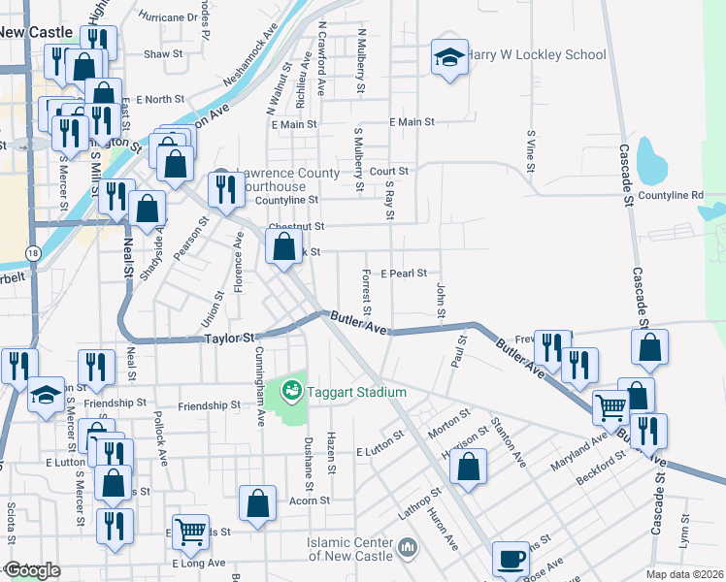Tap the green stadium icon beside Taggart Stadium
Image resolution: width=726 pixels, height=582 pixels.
289,392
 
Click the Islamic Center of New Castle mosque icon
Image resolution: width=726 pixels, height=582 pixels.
408,550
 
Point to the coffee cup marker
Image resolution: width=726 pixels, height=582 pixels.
511,560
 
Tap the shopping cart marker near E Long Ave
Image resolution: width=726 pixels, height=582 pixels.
190,530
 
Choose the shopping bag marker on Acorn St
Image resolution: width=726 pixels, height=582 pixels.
257,504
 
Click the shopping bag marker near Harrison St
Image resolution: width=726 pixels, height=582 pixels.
468,467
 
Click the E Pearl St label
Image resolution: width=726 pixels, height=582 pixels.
404,274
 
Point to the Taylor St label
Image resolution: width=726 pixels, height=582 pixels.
227,339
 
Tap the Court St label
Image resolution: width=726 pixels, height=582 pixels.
395,171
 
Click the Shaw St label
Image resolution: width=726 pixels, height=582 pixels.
163,54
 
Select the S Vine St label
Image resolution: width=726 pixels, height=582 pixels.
531,151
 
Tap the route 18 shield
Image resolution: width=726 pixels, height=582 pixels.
34,253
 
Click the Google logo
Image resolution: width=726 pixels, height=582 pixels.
32,570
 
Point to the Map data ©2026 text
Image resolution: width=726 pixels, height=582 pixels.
684,574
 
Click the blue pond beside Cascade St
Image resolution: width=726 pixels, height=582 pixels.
651,161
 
